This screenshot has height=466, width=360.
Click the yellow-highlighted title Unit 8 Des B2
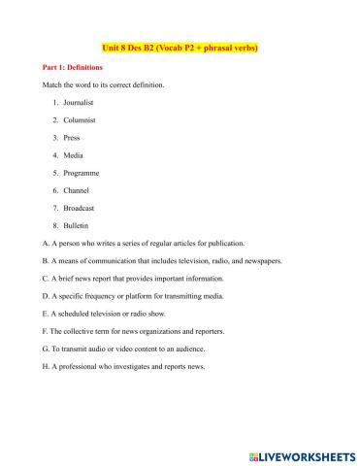click(180, 46)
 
